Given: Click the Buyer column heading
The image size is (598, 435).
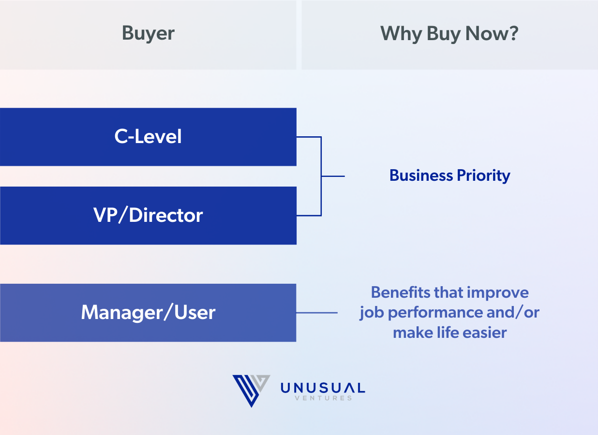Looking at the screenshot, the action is pos(148,34).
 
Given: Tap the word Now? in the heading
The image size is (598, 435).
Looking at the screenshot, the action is pos(492,33).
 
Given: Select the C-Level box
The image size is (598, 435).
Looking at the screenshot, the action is pos(148,137).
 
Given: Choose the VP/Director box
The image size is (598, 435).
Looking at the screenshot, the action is pos(148,216).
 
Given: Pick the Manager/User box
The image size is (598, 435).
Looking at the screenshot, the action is pos(148,313).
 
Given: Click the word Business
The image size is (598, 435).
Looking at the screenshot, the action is pos(421,175).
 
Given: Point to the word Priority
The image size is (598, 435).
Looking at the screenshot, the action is pos(483,176).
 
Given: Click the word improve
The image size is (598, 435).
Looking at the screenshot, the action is pos(498,293).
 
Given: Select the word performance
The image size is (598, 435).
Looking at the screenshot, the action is pos(435,313).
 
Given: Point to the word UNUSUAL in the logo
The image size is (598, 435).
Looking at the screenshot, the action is pos(323,388).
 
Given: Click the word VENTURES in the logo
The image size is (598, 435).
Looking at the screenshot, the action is pos(323,398).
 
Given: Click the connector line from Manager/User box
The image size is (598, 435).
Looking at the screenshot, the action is pos(317,313).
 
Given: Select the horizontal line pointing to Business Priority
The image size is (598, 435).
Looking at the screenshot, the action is pos(333,176).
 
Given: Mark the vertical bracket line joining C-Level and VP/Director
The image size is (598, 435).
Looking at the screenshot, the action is pos(321,176).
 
